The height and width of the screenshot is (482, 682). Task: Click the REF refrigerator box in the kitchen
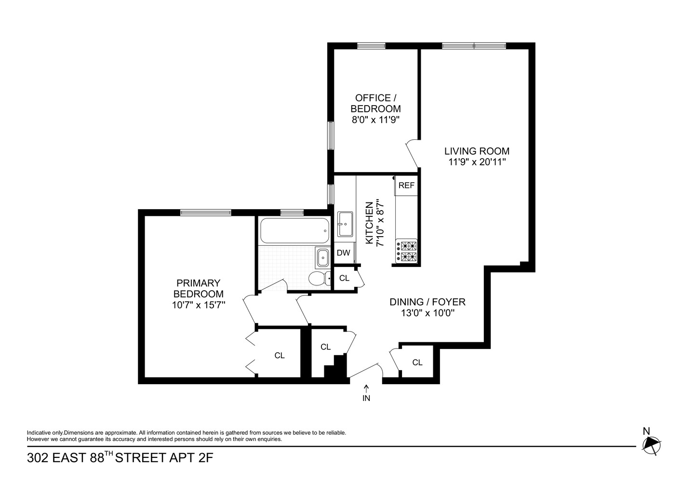[x=406, y=186]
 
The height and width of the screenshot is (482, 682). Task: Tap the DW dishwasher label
[x=343, y=253]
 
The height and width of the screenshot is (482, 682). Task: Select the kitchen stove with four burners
[x=407, y=251]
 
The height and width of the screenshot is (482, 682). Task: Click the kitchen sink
[x=345, y=224]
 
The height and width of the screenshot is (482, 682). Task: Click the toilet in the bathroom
[x=319, y=278]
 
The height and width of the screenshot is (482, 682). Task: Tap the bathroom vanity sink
[x=321, y=258]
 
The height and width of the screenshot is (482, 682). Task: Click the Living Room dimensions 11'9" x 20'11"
[x=476, y=162]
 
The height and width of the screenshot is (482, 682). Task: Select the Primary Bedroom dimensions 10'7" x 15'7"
[x=198, y=305]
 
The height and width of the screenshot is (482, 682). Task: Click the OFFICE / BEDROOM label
[x=375, y=103]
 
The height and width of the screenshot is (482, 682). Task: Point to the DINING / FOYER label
[x=428, y=302]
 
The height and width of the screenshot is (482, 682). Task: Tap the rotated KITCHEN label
[x=369, y=223]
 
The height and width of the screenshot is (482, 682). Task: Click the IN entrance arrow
[x=366, y=393]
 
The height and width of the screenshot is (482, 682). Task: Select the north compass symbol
[x=651, y=444]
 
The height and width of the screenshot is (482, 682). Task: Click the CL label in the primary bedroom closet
[x=280, y=356]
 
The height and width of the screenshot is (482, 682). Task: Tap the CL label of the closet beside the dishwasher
[x=344, y=278]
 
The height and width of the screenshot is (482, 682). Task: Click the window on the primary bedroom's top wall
[x=206, y=212]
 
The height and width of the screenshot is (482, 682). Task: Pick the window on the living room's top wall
[x=474, y=46]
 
